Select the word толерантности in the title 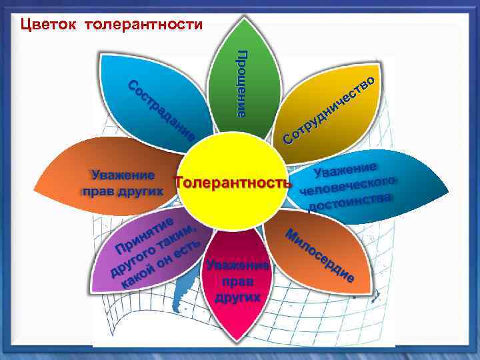(144, 25)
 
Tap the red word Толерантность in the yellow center (233, 182)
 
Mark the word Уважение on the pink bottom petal (237, 265)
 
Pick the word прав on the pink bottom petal (237, 281)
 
